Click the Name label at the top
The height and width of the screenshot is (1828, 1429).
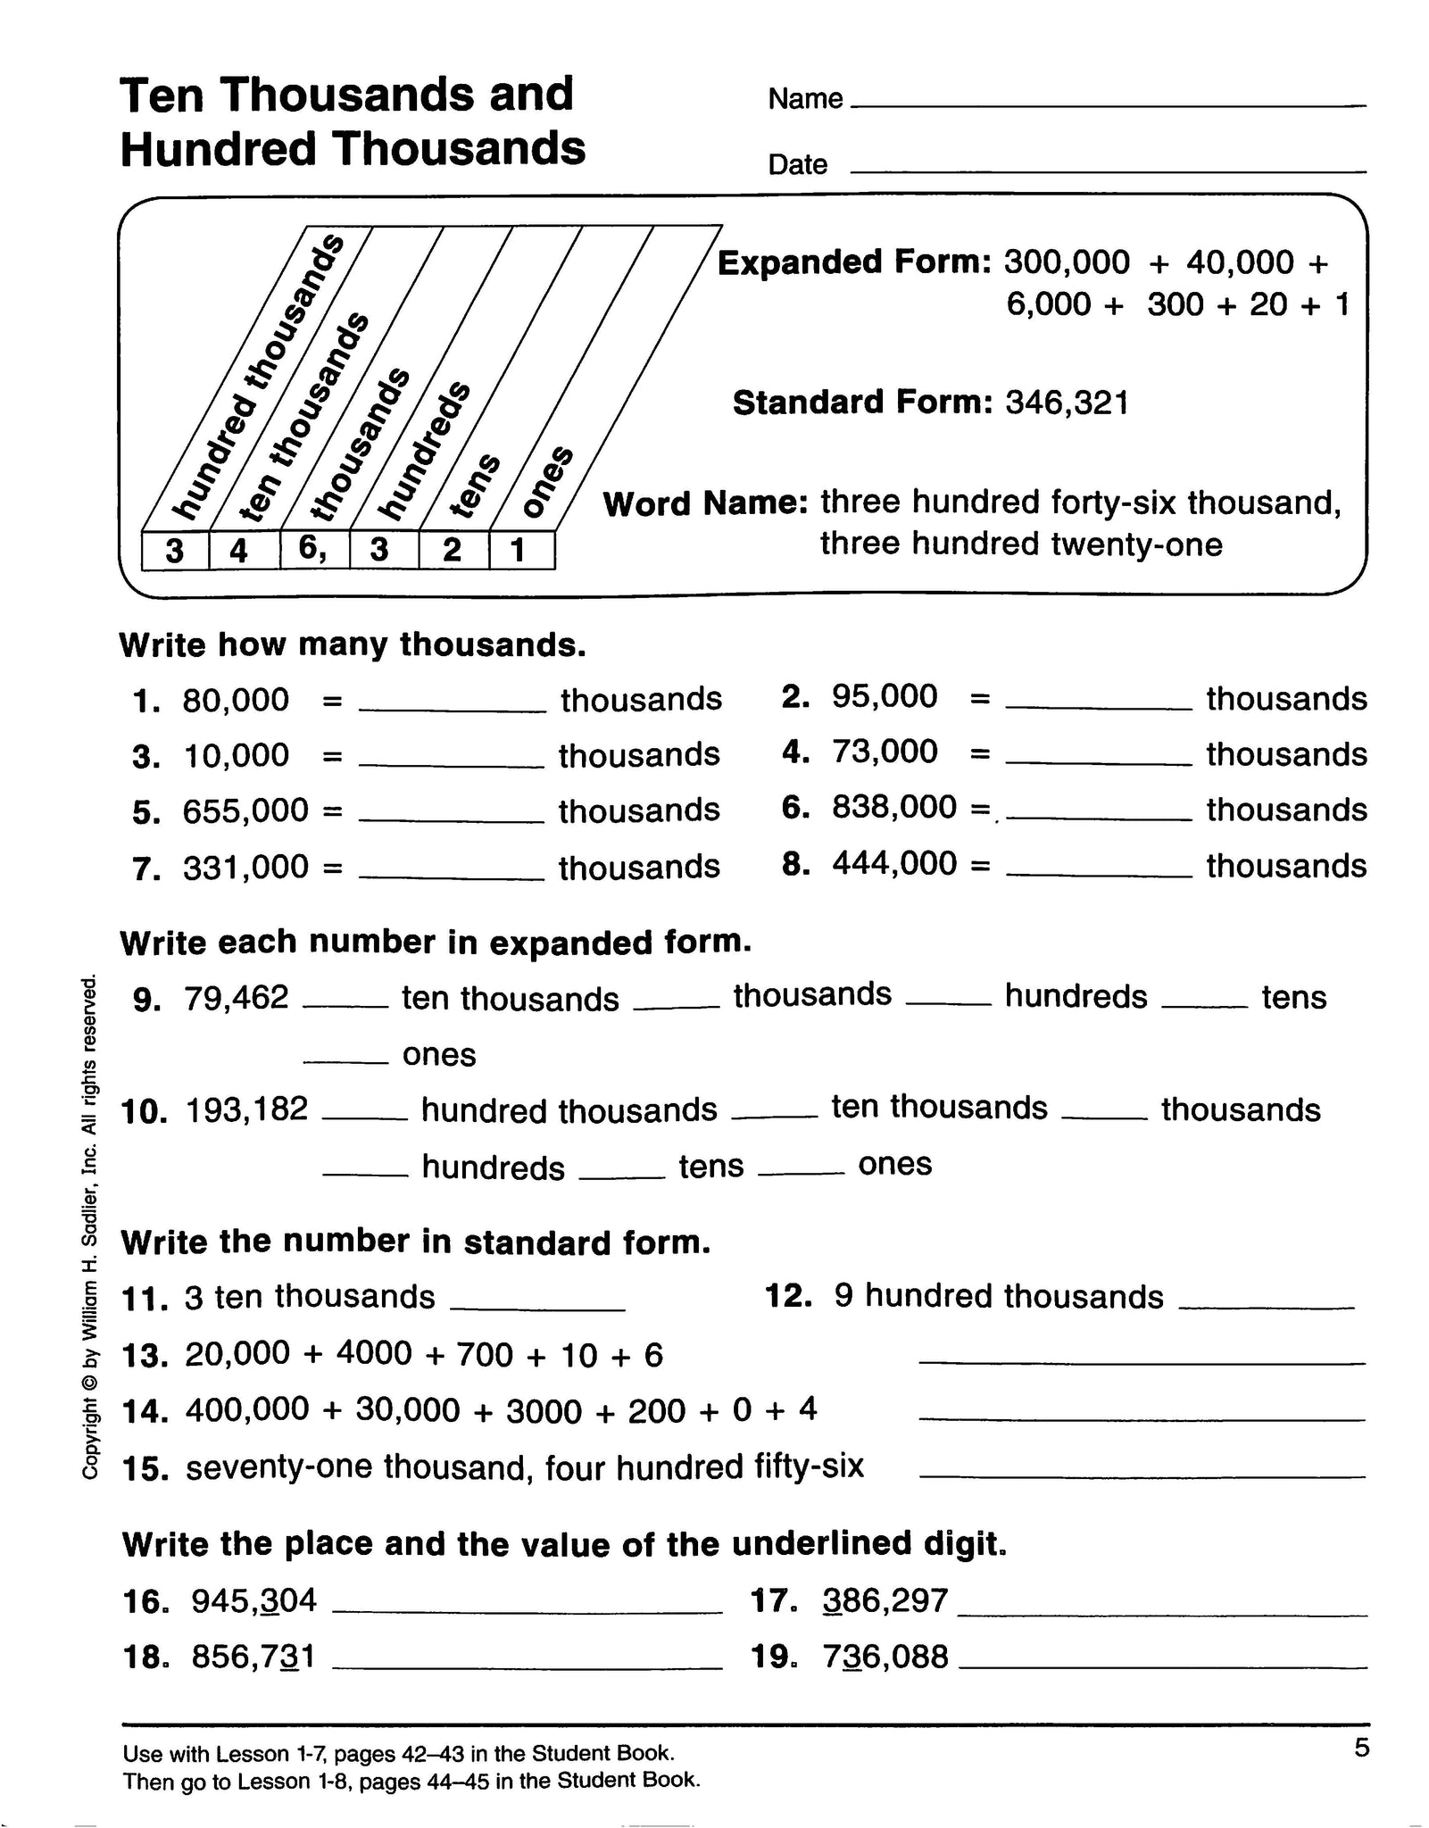[x=804, y=98]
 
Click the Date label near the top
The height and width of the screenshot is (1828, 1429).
[x=797, y=164]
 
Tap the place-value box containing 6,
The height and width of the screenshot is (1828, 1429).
[x=313, y=548]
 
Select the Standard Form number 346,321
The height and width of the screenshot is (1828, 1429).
[x=1067, y=403]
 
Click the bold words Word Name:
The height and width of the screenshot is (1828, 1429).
[x=705, y=503]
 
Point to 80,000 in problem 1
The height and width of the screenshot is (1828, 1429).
[x=236, y=700]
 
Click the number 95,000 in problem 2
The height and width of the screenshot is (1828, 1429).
[x=885, y=696]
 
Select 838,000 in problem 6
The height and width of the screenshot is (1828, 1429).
[x=893, y=807]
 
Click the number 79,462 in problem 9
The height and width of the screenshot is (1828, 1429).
[x=237, y=997]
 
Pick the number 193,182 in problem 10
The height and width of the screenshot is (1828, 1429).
[x=247, y=1109]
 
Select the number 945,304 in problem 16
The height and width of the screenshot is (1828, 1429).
[x=254, y=1600]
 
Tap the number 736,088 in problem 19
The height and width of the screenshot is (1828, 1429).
[x=885, y=1657]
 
